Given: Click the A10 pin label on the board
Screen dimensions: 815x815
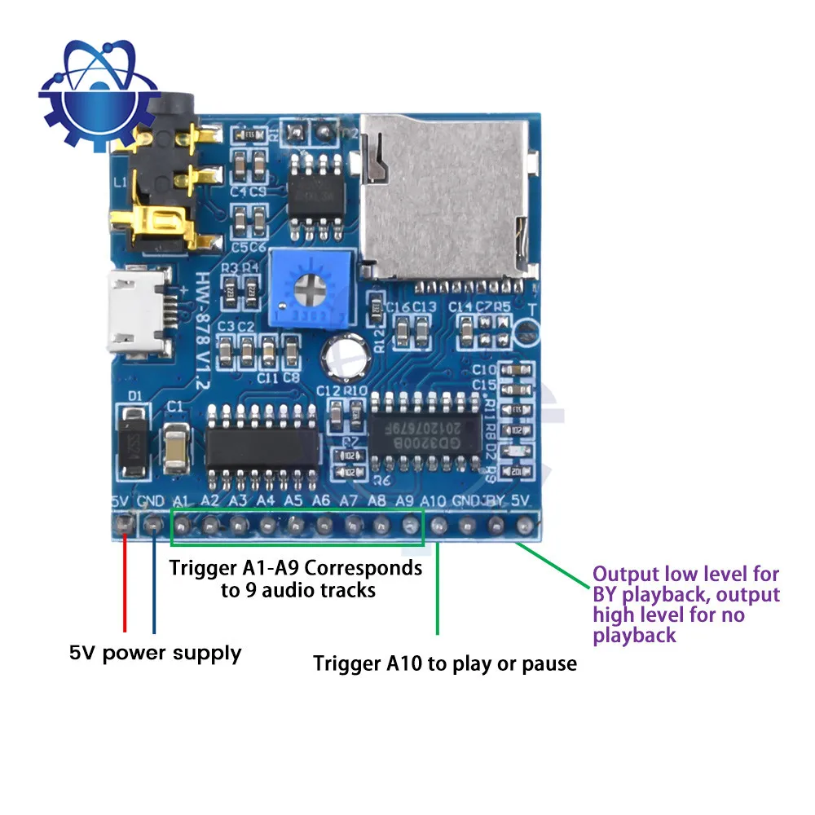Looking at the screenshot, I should (434, 500).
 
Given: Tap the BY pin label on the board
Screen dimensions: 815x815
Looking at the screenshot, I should (494, 500).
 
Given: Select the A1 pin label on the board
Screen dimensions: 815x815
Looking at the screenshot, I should (183, 500).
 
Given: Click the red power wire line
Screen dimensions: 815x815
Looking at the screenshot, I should (125, 583).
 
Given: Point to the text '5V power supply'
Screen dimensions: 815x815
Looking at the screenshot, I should (155, 653).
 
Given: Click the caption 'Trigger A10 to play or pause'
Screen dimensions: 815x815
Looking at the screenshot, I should (445, 663).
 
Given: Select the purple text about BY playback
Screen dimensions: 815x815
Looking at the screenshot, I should (686, 605).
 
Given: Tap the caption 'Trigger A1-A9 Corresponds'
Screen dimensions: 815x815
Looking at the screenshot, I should (296, 568).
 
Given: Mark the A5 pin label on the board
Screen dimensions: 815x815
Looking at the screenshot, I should (293, 500).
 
